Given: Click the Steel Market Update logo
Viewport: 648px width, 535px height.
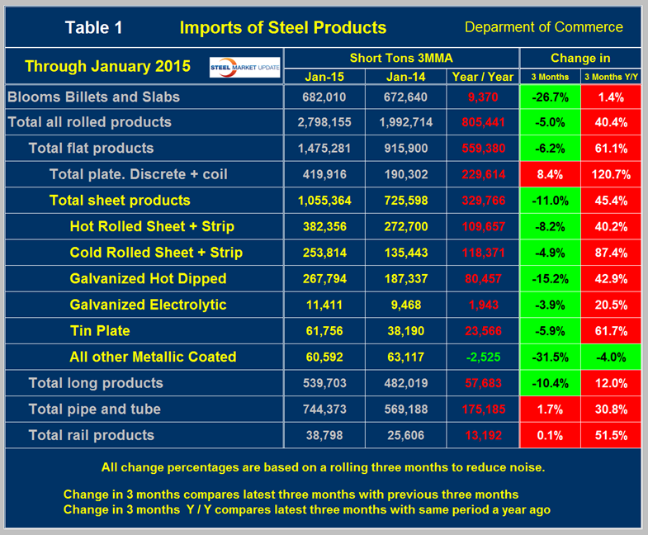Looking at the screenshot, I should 244,66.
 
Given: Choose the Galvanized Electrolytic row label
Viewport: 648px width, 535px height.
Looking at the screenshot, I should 136,305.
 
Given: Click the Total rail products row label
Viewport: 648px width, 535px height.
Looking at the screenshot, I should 91,435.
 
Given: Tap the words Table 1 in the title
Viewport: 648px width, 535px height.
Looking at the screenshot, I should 93,28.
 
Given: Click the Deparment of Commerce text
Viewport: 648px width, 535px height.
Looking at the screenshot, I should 543,27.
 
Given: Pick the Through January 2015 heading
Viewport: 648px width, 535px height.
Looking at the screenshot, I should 107,66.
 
